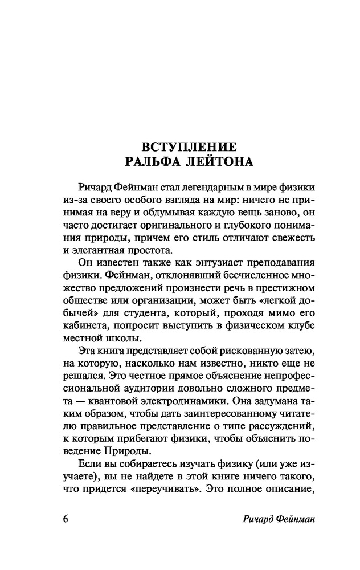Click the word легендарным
207,187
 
